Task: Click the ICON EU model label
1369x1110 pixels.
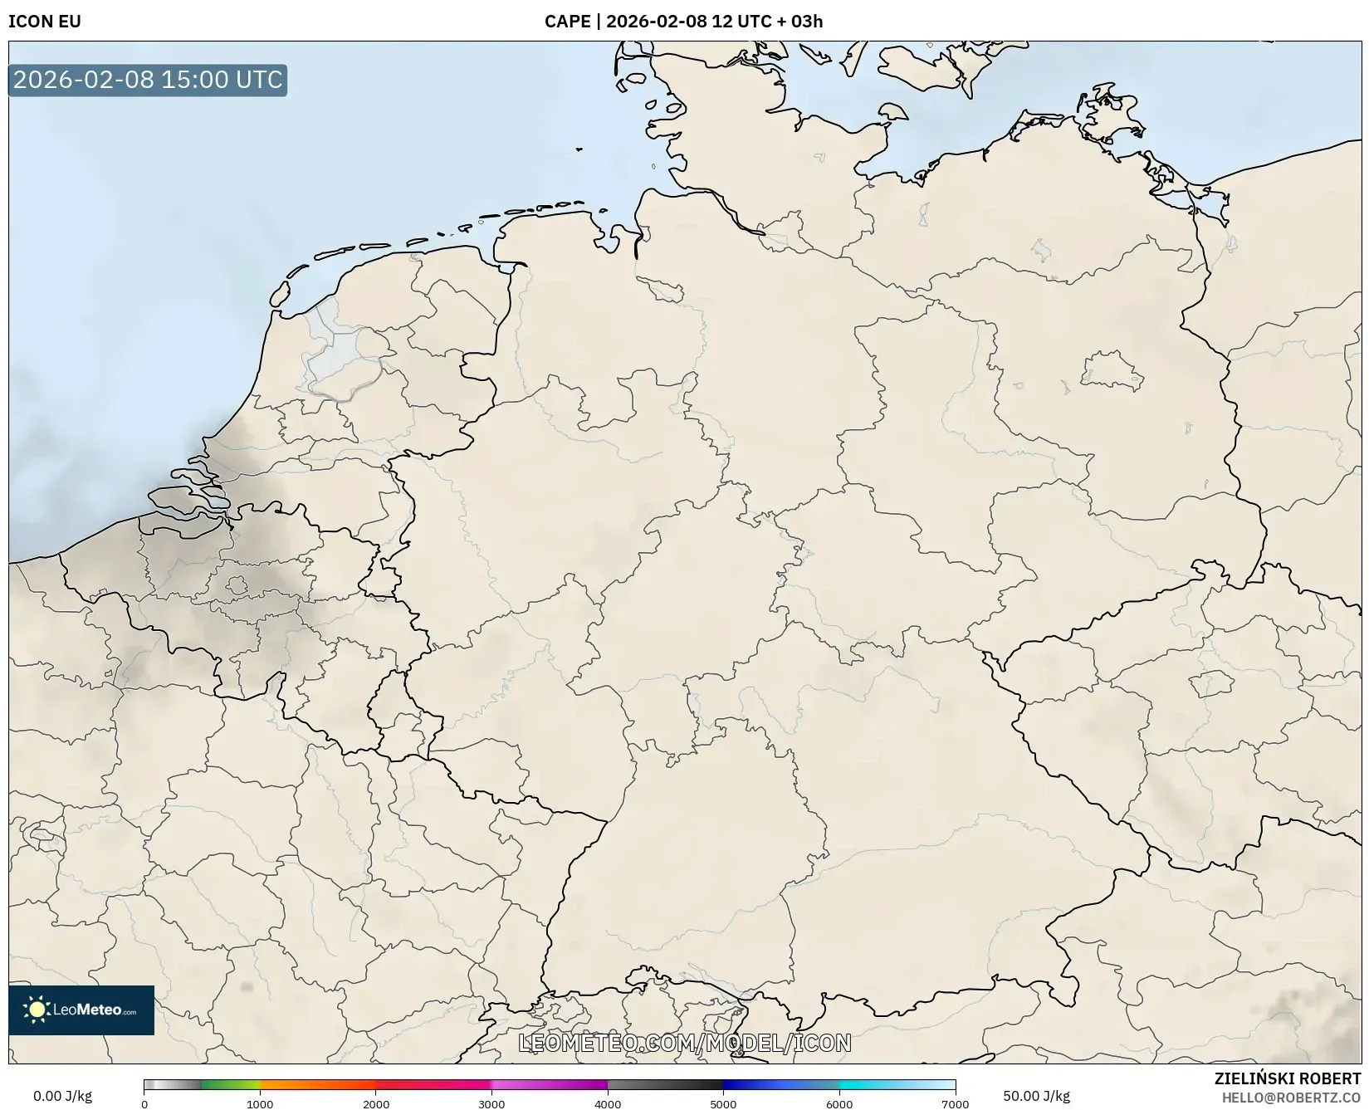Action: coord(45,22)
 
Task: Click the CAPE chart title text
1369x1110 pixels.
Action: coord(683,22)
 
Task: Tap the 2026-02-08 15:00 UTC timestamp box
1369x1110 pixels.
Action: coord(148,80)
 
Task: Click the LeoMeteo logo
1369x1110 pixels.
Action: coord(81,1010)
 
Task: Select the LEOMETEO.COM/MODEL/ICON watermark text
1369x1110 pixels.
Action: coord(685,1043)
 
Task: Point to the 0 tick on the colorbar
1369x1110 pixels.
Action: coord(144,1104)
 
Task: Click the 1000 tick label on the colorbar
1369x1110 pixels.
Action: coord(260,1104)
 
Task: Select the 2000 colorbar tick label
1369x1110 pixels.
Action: coord(376,1104)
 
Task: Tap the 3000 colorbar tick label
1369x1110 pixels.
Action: coord(491,1104)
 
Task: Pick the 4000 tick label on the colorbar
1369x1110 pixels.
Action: coord(608,1104)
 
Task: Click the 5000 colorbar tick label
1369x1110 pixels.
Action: coord(723,1104)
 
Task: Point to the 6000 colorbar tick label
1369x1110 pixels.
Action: coord(839,1104)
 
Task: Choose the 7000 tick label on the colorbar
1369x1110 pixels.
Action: coord(955,1104)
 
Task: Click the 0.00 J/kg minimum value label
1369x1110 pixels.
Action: coord(63,1096)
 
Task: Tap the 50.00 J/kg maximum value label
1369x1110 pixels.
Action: coord(1036,1096)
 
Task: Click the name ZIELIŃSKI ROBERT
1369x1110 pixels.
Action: coord(1288,1078)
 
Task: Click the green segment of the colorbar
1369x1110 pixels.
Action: coord(228,1084)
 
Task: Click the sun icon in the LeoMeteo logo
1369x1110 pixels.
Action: coord(37,1010)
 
